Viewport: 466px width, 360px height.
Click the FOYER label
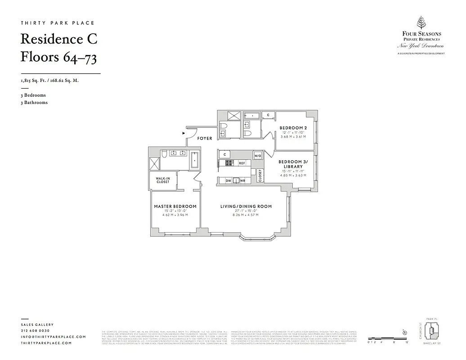[205, 139]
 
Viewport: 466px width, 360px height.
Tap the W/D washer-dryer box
[257, 156]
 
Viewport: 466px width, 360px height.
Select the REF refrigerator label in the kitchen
[242, 163]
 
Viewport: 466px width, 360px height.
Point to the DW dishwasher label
[228, 180]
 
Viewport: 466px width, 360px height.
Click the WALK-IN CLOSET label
[163, 180]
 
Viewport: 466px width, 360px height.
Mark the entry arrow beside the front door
[183, 133]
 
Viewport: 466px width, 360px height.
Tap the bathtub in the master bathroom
[194, 160]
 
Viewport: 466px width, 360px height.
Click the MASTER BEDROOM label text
[175, 207]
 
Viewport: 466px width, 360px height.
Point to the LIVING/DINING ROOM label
[246, 207]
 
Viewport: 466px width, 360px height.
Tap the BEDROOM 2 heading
[293, 128]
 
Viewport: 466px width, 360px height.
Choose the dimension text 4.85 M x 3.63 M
[293, 175]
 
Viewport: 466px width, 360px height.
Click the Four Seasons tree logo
[421, 22]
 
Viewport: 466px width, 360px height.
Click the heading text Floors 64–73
[58, 57]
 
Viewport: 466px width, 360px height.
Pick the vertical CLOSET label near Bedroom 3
[260, 175]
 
